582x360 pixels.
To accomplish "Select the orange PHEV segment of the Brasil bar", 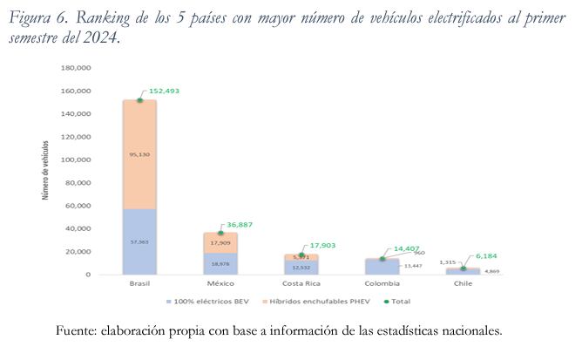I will pyautogui.click(x=139, y=131).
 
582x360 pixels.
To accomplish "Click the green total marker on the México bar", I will pyautogui.click(x=220, y=233).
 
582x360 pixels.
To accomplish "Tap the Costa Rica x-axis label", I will pyautogui.click(x=301, y=284).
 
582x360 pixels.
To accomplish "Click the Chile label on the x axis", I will pyautogui.click(x=464, y=284).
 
